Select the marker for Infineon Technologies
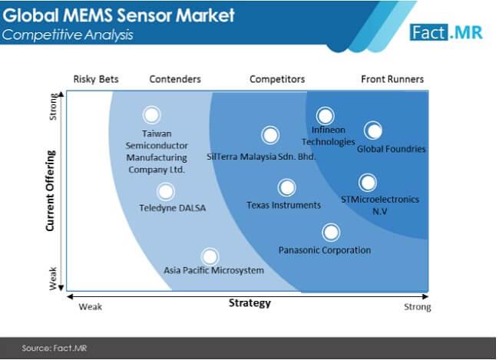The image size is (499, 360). tap(326, 116)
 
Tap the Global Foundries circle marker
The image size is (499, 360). tap(373, 130)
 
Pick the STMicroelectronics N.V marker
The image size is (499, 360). tap(368, 183)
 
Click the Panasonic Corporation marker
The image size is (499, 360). tap(330, 232)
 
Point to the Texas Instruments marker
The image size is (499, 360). tap(286, 187)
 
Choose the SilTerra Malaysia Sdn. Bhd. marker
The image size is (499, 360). tap(269, 135)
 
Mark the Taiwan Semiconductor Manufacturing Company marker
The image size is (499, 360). tap(152, 115)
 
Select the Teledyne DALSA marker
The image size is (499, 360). tap(165, 191)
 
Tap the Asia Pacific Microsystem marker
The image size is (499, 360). tap(209, 256)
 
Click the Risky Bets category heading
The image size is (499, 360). tap(94, 79)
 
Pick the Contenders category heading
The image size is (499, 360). tap(175, 79)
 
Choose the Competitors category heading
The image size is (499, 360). tap(277, 79)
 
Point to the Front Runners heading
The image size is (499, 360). tap(392, 79)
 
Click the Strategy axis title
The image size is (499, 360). tap(249, 303)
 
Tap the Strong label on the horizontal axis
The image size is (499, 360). tap(418, 307)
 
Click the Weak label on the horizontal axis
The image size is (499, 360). tap(90, 307)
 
